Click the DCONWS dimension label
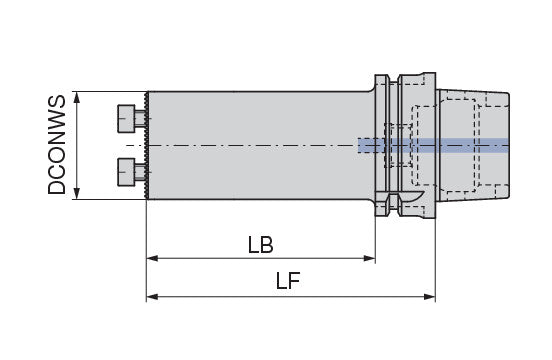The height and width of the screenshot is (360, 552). coord(58,145)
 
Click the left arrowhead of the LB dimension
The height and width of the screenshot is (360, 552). coord(152,259)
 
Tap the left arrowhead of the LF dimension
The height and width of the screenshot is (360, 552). coord(152,297)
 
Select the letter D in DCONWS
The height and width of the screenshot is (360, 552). coord(58,187)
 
